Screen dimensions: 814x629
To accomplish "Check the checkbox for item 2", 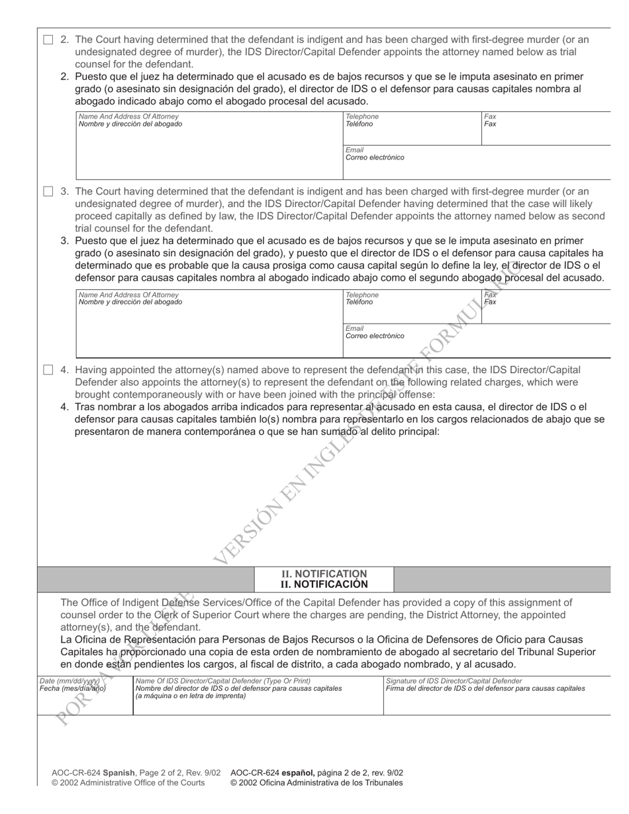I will point(48,40).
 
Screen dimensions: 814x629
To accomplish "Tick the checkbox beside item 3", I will point(48,192).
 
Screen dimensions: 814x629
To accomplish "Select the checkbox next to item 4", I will point(48,370).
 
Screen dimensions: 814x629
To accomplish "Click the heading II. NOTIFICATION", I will point(324,574).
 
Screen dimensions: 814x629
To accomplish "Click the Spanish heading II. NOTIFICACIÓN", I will point(324,584).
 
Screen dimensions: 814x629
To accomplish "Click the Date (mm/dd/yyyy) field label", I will point(70,680).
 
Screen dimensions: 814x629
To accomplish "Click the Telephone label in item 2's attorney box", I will point(362,116).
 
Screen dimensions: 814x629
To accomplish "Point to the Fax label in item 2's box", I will point(490,116).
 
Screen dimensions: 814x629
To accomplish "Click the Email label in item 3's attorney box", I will point(354,328).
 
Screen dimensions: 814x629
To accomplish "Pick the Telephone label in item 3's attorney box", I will point(362,294).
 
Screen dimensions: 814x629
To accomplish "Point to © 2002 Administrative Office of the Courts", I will point(128,782).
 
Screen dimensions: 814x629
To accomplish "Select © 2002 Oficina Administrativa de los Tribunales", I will point(316,782).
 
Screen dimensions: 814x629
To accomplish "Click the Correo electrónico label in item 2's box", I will point(374,158).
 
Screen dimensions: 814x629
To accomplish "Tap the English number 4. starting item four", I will point(65,370).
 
